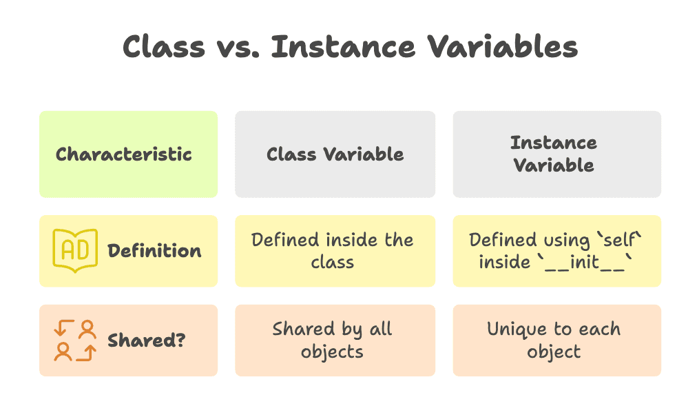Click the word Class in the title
pyautogui.click(x=163, y=47)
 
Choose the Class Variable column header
pyautogui.click(x=335, y=154)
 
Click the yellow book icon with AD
pyautogui.click(x=75, y=250)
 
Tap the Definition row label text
pyautogui.click(x=154, y=251)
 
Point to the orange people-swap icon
pyautogui.click(x=75, y=341)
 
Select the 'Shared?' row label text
pyautogui.click(x=146, y=341)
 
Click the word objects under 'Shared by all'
pyautogui.click(x=332, y=352)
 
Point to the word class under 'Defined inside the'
pyautogui.click(x=332, y=262)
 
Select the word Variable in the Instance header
pyautogui.click(x=554, y=165)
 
